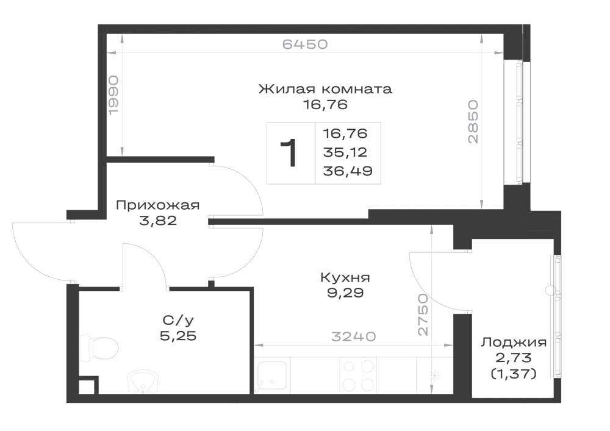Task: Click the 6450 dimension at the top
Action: [x=304, y=45]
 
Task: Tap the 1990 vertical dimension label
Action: [x=113, y=95]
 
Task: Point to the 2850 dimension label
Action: [x=473, y=122]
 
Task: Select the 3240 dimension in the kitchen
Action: [x=353, y=336]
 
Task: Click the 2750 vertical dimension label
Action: [x=423, y=315]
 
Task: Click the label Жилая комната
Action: [x=325, y=89]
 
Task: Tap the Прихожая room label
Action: [x=157, y=205]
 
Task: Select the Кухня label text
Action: [x=345, y=277]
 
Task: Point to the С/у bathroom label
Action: [x=178, y=320]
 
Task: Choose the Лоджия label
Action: [x=514, y=343]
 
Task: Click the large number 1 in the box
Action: [x=289, y=153]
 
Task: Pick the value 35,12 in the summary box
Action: [x=345, y=152]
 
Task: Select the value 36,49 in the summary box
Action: [x=348, y=171]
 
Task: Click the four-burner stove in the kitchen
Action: [x=358, y=376]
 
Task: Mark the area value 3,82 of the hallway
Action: [x=157, y=221]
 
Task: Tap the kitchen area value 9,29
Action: [x=345, y=293]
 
